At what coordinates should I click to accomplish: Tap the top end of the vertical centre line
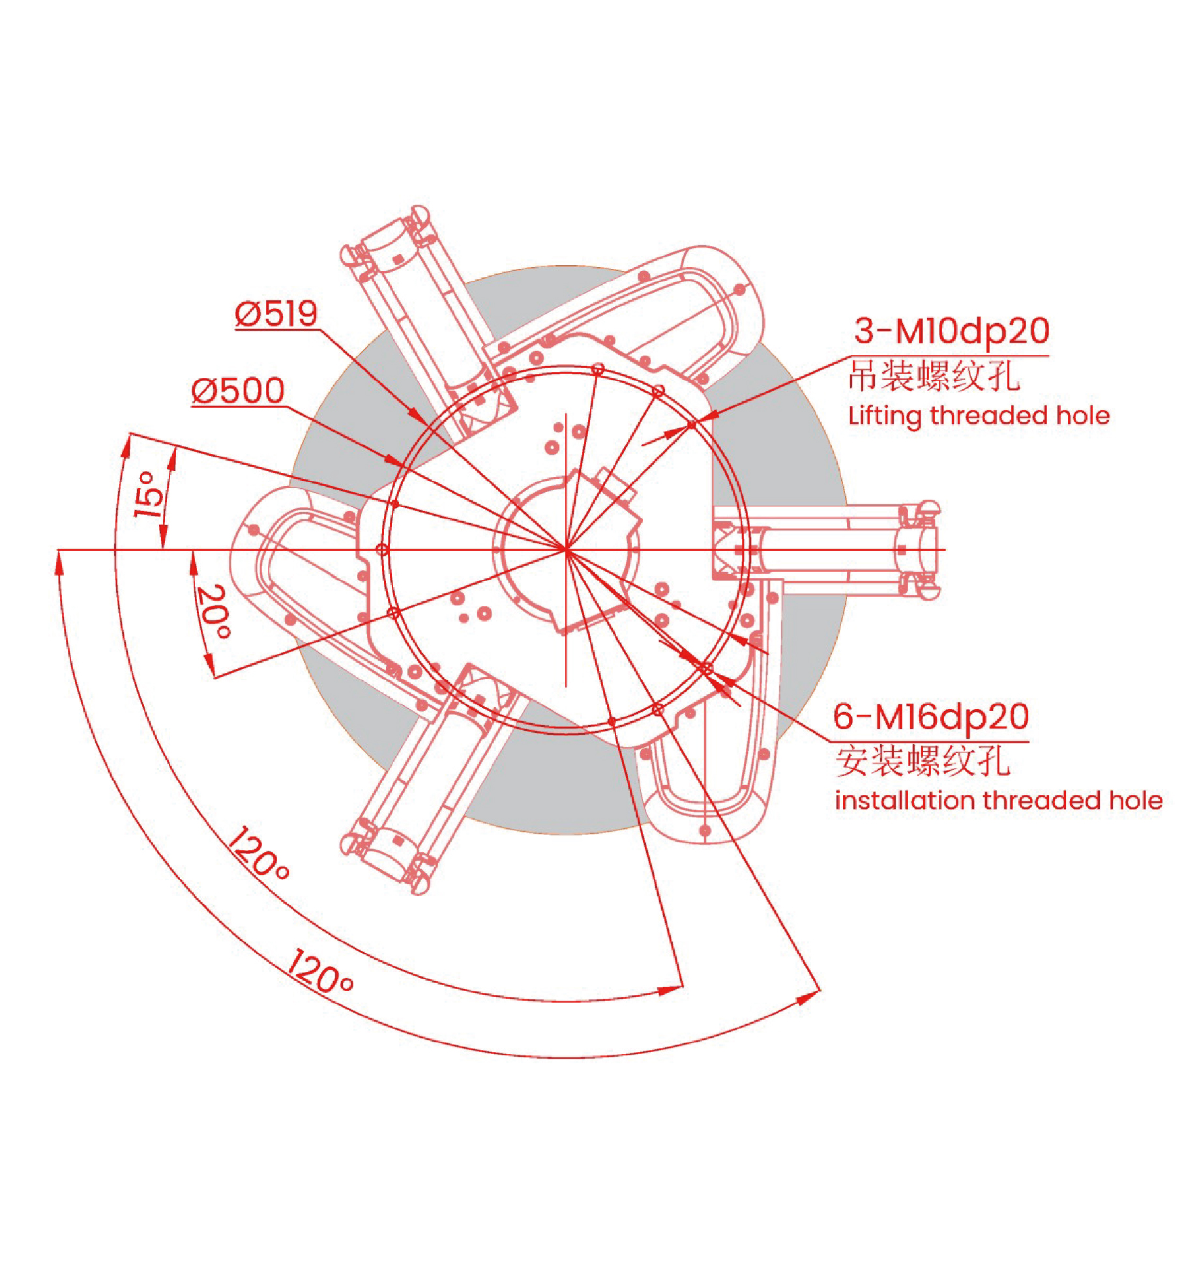tap(566, 413)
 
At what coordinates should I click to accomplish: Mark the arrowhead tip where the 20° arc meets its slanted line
tap(213, 677)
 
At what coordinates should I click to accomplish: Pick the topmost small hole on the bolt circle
tap(598, 369)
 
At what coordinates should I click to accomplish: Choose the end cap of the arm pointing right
tap(919, 551)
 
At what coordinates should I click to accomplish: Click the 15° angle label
tap(149, 494)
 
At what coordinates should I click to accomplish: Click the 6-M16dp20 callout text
tap(931, 717)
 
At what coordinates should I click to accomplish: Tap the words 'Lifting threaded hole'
tap(979, 416)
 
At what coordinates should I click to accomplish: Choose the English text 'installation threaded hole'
tap(999, 800)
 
